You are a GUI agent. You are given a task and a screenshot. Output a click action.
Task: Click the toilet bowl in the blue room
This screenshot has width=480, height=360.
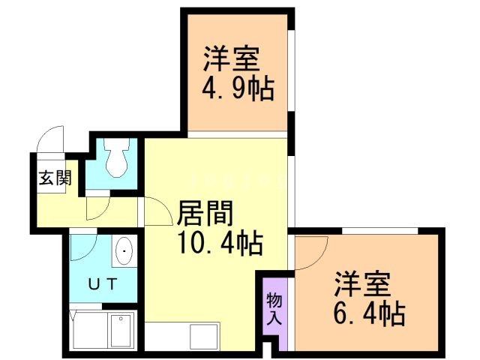(115, 159)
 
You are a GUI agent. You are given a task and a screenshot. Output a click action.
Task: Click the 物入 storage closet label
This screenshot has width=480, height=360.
(274, 307)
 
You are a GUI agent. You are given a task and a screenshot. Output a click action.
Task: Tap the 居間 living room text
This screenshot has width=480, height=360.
(205, 214)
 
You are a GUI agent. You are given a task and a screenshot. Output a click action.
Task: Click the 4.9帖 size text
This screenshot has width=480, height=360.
(236, 90)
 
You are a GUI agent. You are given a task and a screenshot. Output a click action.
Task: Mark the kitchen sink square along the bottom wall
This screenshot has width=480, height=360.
(203, 334)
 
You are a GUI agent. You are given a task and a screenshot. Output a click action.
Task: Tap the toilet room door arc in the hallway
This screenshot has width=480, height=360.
(99, 206)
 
